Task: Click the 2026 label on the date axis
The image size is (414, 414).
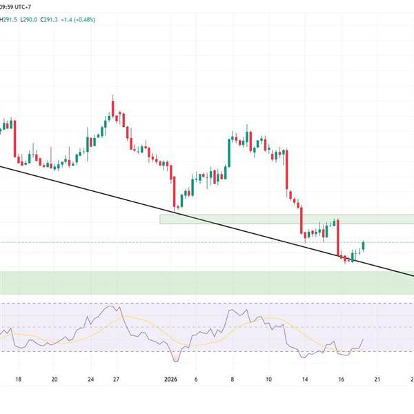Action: (x=173, y=379)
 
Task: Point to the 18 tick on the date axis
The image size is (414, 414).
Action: (x=19, y=379)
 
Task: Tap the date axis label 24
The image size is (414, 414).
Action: (x=90, y=379)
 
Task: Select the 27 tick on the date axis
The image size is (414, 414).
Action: (x=117, y=379)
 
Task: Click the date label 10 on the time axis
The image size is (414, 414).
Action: (x=268, y=379)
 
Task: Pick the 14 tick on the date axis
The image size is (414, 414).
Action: (x=304, y=379)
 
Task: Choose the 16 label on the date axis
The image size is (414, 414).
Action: (x=341, y=379)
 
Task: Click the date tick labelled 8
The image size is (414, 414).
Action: (x=233, y=379)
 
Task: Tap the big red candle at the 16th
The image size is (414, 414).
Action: (x=338, y=238)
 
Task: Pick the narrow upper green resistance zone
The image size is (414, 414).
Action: (x=286, y=219)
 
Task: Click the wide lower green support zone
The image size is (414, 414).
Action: (x=207, y=282)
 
